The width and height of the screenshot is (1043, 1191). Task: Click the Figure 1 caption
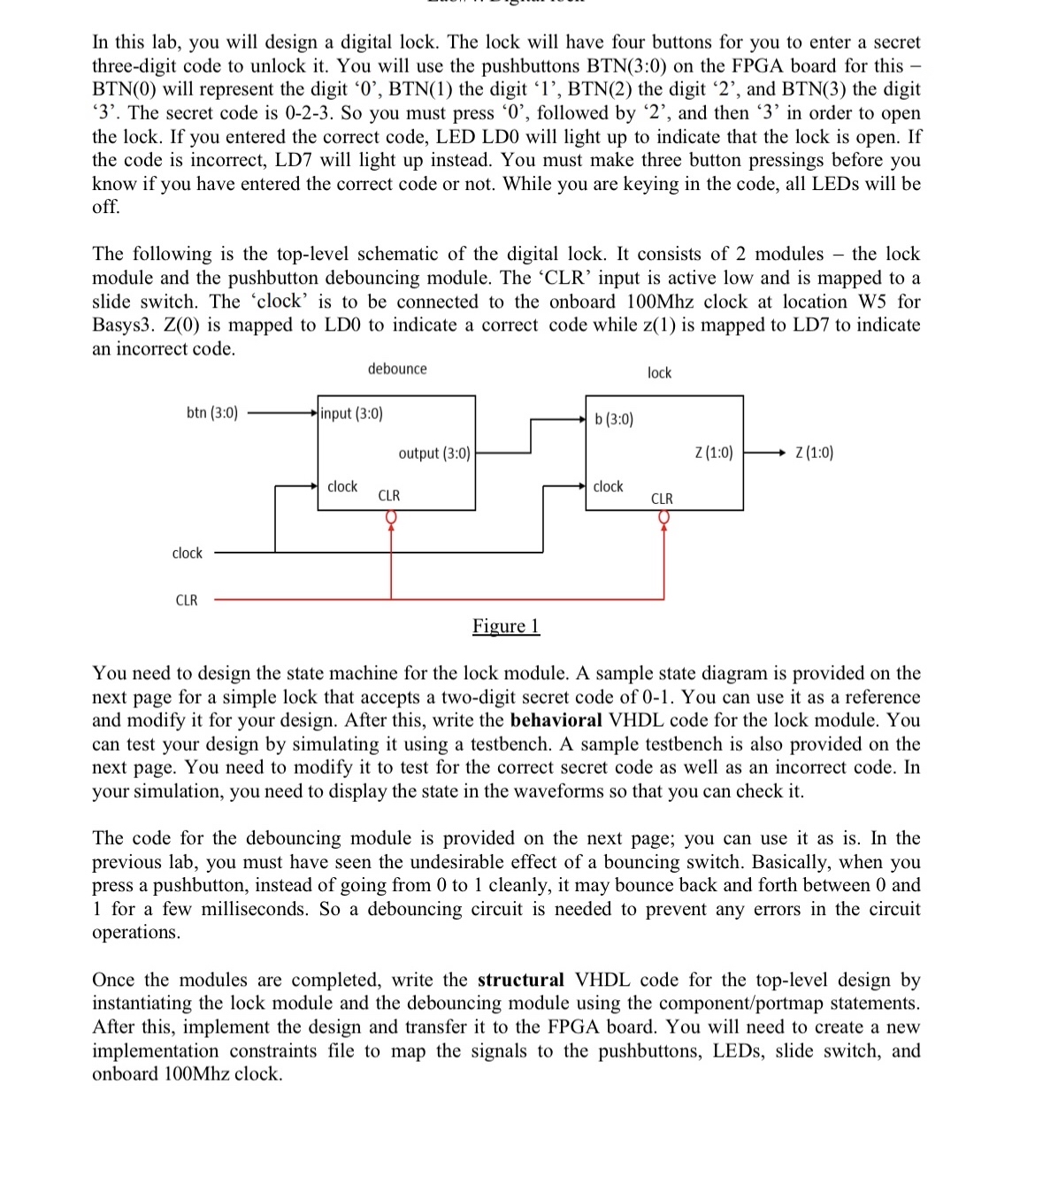[505, 626]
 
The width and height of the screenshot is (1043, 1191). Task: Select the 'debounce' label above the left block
[397, 369]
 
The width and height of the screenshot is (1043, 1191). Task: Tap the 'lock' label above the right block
[659, 373]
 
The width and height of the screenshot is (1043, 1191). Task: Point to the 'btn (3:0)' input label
[212, 413]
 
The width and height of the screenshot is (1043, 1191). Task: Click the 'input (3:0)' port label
[352, 413]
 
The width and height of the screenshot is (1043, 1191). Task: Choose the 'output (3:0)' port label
[434, 453]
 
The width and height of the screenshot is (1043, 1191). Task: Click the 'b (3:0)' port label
[614, 418]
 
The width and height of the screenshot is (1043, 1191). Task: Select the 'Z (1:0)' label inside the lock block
[714, 453]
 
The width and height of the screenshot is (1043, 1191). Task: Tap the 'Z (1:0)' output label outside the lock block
[814, 453]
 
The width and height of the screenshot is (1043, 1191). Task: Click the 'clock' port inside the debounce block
[342, 486]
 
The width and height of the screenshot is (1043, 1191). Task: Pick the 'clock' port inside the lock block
[608, 486]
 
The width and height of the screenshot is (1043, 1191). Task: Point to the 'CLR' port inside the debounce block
[389, 496]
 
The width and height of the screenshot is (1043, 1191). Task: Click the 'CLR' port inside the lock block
[662, 499]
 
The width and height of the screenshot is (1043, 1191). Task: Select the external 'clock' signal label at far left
[187, 553]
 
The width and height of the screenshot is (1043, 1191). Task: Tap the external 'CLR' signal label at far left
[187, 600]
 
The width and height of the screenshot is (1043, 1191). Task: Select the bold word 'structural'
[520, 980]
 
